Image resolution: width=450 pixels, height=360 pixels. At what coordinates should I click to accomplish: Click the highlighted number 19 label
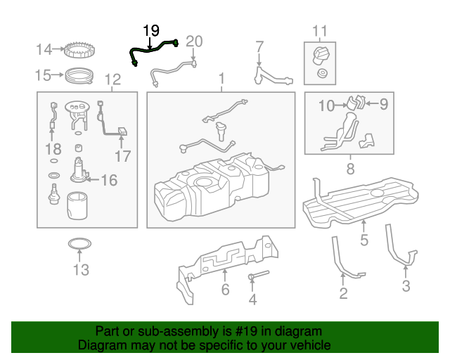click(x=151, y=30)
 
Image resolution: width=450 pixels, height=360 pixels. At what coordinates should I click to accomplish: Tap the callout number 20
click(x=193, y=41)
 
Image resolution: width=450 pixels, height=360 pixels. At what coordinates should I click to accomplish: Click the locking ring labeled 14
click(x=79, y=50)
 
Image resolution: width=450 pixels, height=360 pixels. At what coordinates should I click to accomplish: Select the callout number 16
click(x=108, y=181)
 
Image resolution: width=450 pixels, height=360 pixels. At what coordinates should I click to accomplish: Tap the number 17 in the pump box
click(x=122, y=156)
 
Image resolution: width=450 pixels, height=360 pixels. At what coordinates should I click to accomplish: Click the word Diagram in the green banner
click(x=98, y=345)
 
